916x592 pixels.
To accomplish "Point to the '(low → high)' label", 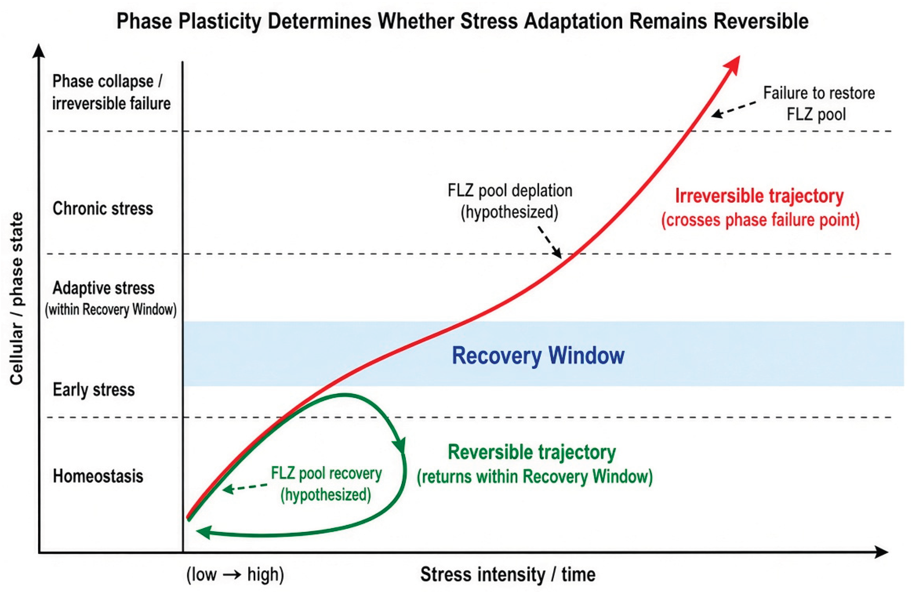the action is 235,575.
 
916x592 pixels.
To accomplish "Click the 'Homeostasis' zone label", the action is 98,476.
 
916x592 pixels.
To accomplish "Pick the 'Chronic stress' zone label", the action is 103,208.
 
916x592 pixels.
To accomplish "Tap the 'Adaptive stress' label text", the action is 103,288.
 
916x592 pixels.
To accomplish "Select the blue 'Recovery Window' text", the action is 538,355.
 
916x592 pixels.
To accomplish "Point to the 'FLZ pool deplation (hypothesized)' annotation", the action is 510,201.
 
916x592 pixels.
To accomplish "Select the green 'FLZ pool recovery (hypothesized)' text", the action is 326,484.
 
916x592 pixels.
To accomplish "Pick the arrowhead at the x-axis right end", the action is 881,552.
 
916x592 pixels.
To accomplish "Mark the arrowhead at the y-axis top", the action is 38,51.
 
